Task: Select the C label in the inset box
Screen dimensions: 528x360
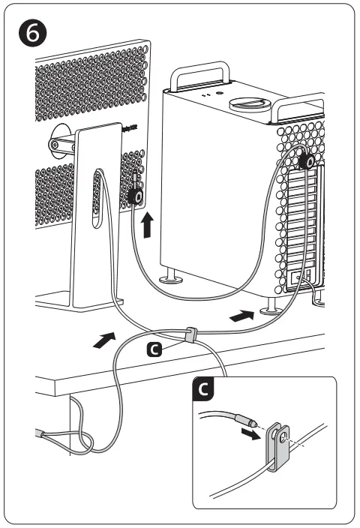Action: pyautogui.click(x=202, y=389)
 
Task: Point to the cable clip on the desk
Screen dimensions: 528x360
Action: pyautogui.click(x=190, y=334)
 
